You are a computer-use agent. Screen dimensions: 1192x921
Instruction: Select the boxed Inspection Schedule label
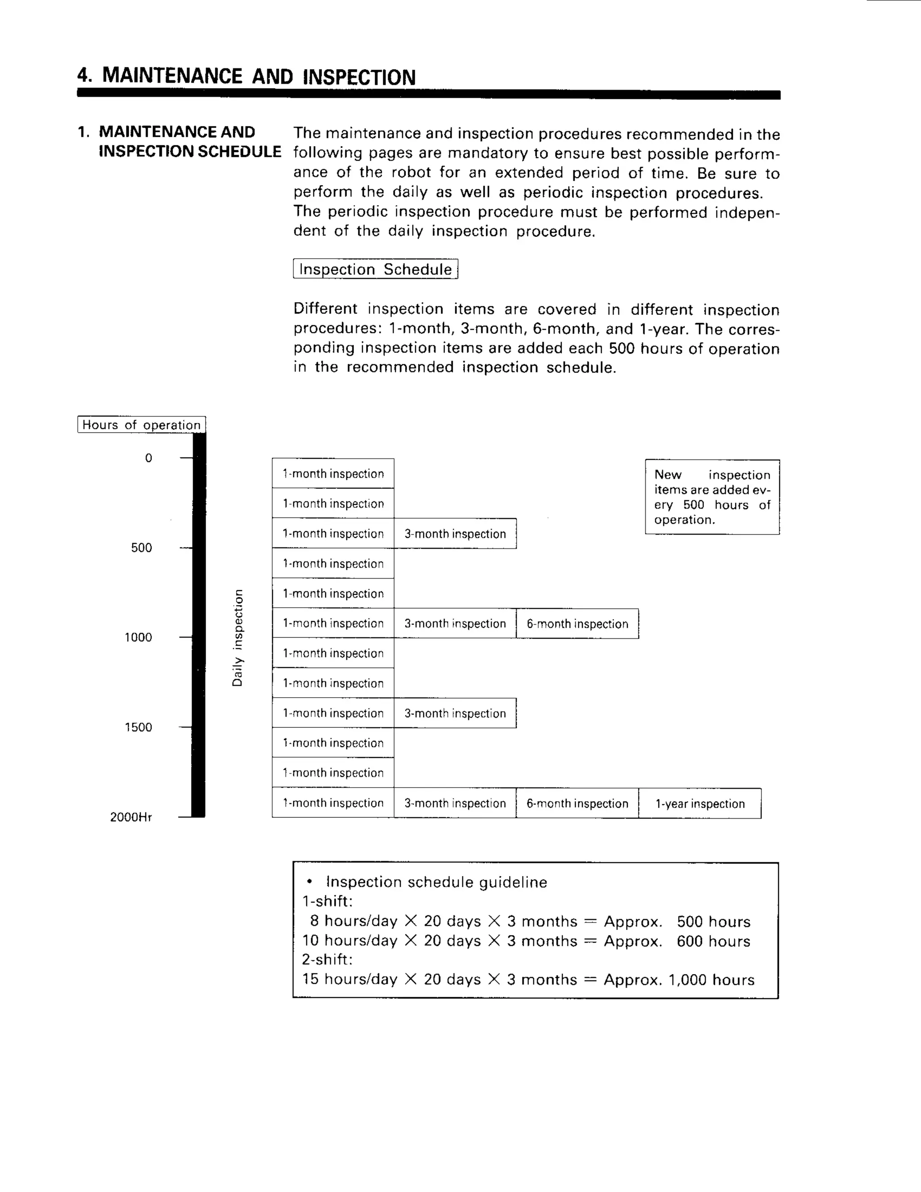(x=376, y=269)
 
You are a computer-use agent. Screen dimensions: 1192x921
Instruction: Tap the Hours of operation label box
(x=141, y=425)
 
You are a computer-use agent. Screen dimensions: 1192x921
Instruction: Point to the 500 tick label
(x=141, y=547)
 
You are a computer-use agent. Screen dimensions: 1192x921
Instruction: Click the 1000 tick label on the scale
(x=138, y=637)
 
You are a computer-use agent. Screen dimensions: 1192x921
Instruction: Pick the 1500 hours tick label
(x=138, y=727)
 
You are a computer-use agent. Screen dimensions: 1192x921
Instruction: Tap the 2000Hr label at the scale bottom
(x=131, y=817)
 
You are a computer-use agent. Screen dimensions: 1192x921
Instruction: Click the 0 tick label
(x=148, y=458)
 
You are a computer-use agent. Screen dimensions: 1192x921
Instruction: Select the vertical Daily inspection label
(x=237, y=637)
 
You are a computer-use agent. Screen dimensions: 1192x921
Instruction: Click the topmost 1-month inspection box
(x=333, y=473)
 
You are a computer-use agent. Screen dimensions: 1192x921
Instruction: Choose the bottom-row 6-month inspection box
(x=577, y=803)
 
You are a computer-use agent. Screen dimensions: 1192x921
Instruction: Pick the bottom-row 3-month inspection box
(x=455, y=803)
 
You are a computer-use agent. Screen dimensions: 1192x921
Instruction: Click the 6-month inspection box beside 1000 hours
(x=577, y=624)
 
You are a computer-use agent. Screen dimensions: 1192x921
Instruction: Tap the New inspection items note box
(x=712, y=497)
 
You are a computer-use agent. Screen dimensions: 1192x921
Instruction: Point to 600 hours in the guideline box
(x=713, y=941)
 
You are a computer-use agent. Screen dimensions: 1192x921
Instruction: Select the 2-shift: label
(x=327, y=959)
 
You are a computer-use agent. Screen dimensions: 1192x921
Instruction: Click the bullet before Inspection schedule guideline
(x=309, y=882)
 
